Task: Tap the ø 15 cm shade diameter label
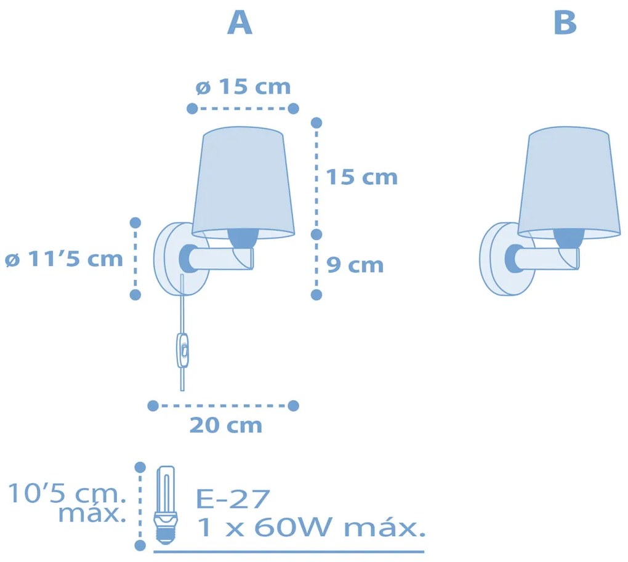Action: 243,87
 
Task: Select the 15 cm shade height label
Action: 361,177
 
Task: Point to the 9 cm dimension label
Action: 355,265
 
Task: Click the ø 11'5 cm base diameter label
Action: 63,259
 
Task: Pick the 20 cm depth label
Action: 226,425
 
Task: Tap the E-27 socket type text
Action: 233,499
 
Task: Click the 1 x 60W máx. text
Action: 311,527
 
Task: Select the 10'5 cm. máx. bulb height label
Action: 67,503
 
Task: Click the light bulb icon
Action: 166,505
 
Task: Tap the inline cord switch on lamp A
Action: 183,350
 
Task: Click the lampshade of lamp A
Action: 243,183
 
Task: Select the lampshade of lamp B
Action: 569,183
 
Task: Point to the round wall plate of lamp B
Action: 507,259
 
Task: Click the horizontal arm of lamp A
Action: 222,258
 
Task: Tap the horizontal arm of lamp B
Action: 547,258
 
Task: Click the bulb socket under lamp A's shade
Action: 243,238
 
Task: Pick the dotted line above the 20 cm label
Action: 223,406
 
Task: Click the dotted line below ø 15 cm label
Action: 243,108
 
